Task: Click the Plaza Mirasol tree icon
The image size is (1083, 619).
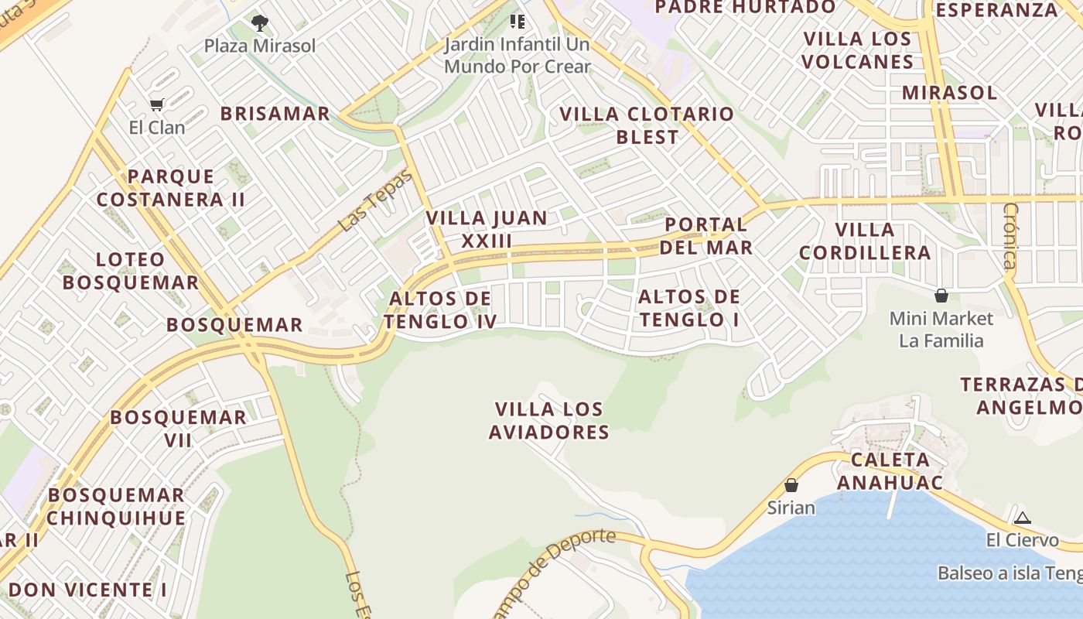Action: point(260,23)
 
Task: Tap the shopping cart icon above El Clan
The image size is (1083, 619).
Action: point(157,104)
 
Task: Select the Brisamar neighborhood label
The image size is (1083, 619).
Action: point(275,114)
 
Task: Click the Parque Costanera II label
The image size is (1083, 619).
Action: point(171,188)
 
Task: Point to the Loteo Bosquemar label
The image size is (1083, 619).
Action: point(131,271)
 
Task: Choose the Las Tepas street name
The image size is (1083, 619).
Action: point(376,200)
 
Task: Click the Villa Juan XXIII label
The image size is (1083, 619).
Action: point(487,229)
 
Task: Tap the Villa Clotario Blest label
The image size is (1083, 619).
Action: point(647,125)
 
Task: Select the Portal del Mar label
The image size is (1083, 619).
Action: point(707,236)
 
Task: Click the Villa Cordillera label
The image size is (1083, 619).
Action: point(865,241)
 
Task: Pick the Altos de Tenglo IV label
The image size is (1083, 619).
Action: point(440,309)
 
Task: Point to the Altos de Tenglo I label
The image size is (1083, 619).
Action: point(689,308)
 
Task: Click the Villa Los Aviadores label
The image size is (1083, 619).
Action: point(549,420)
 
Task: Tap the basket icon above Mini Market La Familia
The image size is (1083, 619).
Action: point(941,296)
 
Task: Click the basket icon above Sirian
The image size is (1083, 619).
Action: point(791,485)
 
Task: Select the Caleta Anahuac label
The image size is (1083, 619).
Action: point(890,471)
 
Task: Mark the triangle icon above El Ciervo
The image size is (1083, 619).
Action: point(1023,518)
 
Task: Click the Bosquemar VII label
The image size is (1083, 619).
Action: point(178,429)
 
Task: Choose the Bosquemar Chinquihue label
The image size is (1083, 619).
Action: point(116,507)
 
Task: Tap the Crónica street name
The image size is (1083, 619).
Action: point(1010,235)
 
